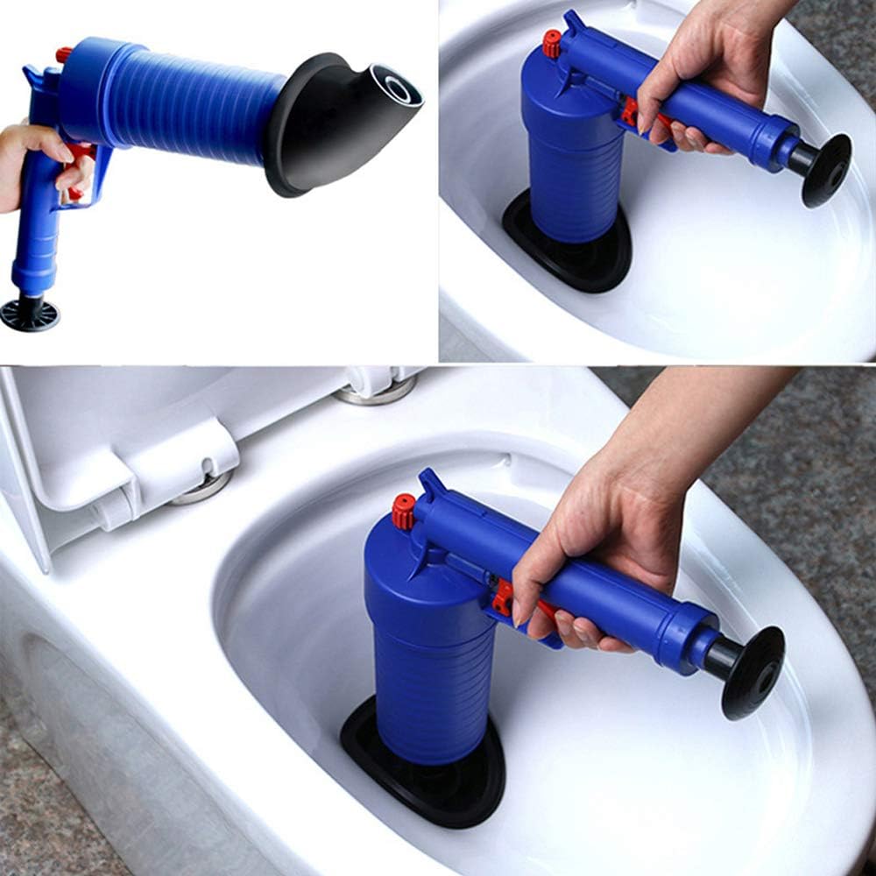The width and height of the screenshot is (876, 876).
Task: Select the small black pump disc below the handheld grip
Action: [x=30, y=314]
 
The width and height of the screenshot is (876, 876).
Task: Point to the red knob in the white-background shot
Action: [x=64, y=54]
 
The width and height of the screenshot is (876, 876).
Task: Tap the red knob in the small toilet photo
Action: [x=551, y=44]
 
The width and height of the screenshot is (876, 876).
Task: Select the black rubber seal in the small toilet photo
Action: [x=569, y=254]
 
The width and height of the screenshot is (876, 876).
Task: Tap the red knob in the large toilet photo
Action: [x=404, y=512]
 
